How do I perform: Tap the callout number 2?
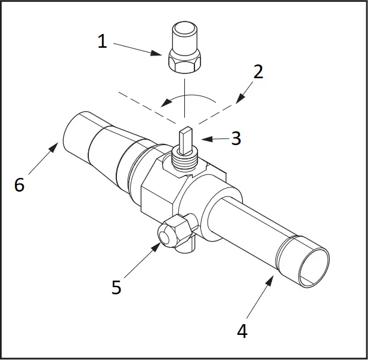(258, 72)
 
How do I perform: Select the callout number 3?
(236, 139)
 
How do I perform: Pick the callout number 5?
(116, 287)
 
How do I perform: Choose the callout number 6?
(19, 185)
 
